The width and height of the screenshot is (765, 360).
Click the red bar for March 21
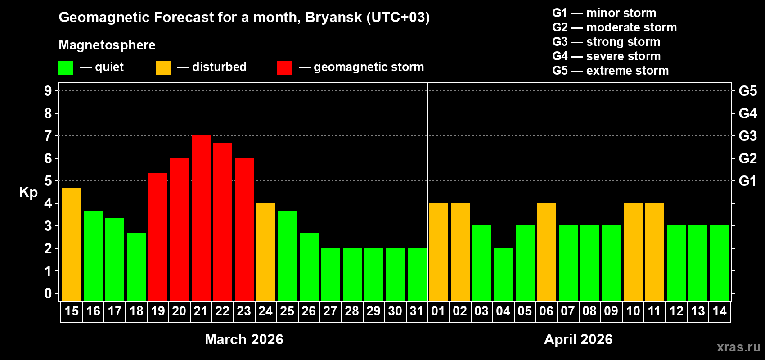201,218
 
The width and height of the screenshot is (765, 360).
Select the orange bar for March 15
71,244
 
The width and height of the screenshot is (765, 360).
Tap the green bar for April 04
503,274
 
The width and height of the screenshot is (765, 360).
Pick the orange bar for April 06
546,252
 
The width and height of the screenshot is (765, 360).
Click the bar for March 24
265,252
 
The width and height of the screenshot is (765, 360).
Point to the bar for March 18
136,266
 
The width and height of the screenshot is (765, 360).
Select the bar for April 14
719,263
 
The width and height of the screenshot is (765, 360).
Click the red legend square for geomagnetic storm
284,68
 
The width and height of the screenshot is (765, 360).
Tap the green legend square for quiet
66,68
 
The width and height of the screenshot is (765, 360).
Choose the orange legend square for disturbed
163,68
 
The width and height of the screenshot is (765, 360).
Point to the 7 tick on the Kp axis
48,136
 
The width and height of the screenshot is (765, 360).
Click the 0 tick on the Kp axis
48,294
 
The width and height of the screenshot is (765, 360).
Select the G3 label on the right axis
747,136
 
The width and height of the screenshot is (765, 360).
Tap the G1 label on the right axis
747,181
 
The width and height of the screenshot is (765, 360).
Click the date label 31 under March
417,311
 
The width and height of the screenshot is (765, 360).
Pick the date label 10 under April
633,311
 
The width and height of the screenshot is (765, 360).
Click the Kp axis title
28,193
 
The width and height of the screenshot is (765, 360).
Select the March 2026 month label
244,339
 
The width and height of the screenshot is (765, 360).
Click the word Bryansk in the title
333,18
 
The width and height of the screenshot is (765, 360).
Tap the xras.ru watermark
738,347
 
